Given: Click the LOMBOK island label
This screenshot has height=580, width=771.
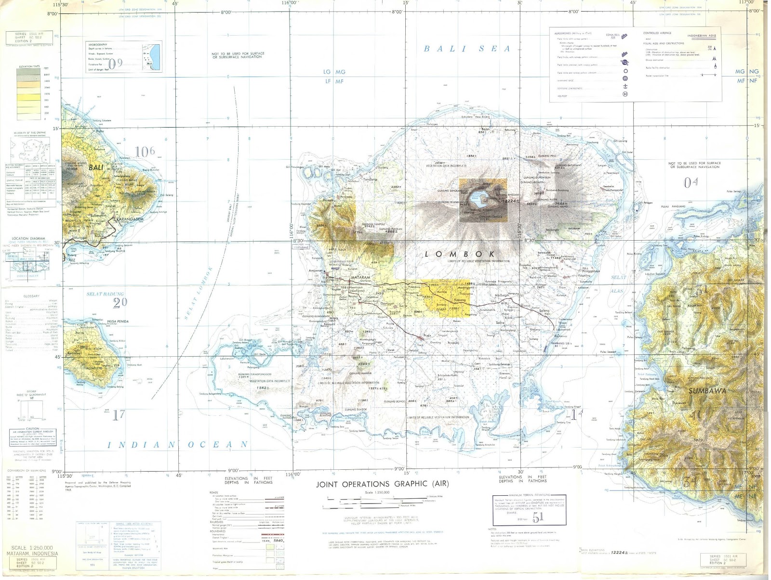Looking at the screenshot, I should (460, 254).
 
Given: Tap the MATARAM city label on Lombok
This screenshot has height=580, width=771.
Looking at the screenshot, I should (360, 278).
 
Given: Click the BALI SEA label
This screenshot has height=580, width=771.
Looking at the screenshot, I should (466, 49).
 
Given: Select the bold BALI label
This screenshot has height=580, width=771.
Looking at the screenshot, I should (96, 168).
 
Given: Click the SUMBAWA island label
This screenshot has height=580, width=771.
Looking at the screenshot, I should (707, 391).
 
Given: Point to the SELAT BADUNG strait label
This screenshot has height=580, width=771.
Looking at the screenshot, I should (105, 294).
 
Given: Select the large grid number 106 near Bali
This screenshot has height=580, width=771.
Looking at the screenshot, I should (145, 152).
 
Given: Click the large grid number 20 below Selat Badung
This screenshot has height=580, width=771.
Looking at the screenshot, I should (120, 302).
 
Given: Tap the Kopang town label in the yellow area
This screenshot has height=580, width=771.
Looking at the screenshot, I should (460, 300).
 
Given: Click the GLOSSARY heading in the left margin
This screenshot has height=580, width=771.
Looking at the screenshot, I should (31, 296).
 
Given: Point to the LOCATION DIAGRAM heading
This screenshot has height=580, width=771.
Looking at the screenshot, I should (28, 238).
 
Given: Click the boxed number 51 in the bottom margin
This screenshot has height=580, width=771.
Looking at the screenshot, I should (538, 517).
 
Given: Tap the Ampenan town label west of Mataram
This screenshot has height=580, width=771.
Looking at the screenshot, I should (315, 271).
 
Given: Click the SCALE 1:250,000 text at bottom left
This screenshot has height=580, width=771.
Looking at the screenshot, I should (32, 548).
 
